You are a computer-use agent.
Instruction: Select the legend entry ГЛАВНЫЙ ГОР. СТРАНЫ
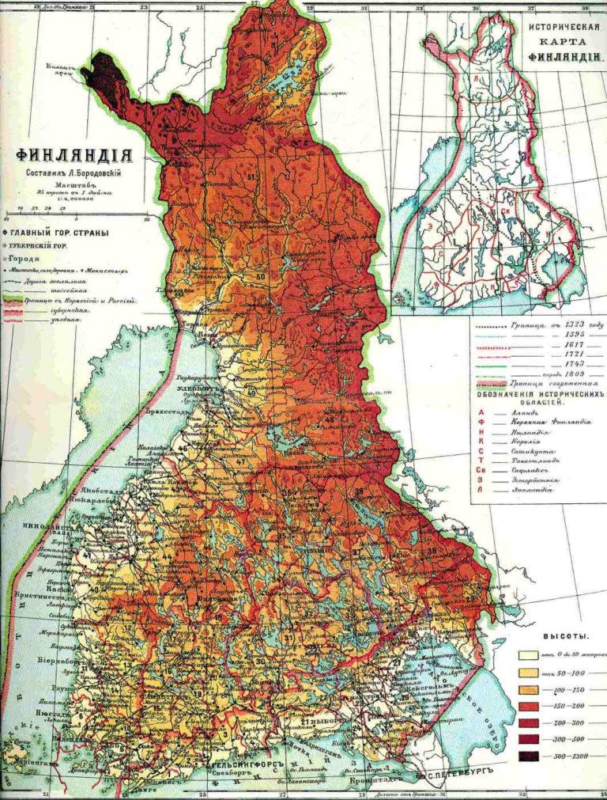(x=55, y=233)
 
